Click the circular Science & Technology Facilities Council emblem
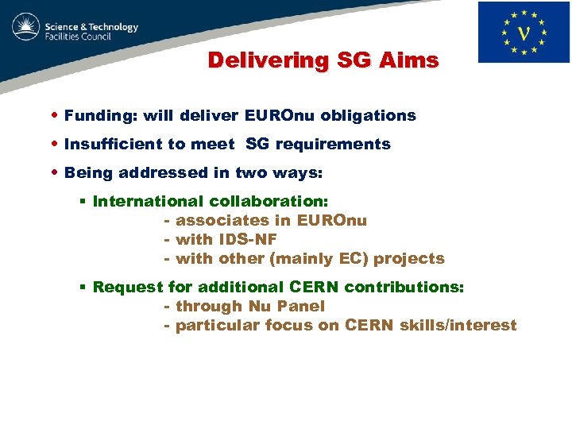pyautogui.click(x=26, y=29)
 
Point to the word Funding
pyautogui.click(x=99, y=116)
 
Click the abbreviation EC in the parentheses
pyautogui.click(x=355, y=259)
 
